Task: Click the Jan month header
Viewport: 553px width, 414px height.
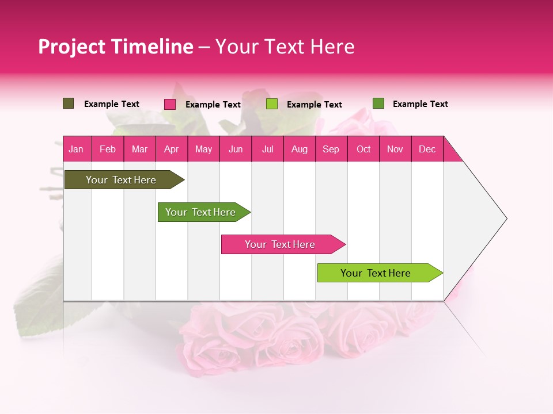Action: pos(76,149)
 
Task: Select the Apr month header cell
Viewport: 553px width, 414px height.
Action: pos(172,149)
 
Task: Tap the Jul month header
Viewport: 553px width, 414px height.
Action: pos(267,149)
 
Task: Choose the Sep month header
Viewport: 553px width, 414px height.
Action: pos(331,149)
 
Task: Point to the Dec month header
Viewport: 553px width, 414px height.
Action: pos(427,149)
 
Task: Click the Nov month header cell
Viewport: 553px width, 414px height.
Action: pos(395,149)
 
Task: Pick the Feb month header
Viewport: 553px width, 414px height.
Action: pos(108,149)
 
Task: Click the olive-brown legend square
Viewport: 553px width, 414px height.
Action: pos(68,103)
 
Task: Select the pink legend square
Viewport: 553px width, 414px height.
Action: pos(170,104)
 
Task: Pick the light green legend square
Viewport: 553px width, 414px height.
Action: pos(272,104)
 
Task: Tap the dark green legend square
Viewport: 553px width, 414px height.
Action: pos(378,103)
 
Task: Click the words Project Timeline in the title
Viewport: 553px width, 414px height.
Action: pos(115,47)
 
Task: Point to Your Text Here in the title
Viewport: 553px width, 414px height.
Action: pos(285,47)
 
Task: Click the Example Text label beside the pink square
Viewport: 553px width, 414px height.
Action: pos(213,105)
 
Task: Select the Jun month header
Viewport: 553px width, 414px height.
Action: pos(236,149)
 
